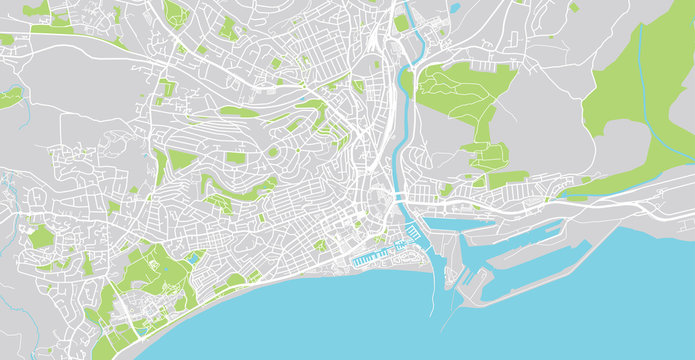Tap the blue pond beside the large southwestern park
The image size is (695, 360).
tap(191, 258)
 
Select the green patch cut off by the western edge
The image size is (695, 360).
tap(9, 97)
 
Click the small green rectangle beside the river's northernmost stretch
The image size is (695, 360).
tap(401, 22)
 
